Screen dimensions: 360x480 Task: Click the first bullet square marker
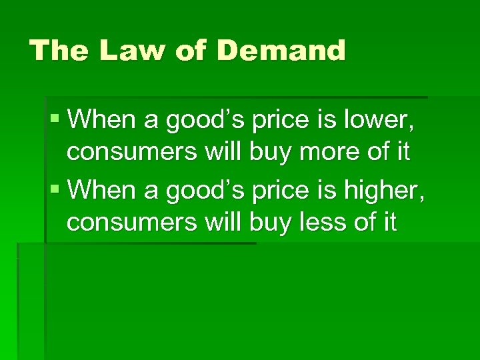(x=54, y=121)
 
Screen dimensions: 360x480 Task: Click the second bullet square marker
(x=54, y=190)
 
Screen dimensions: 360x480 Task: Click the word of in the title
(x=188, y=51)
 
